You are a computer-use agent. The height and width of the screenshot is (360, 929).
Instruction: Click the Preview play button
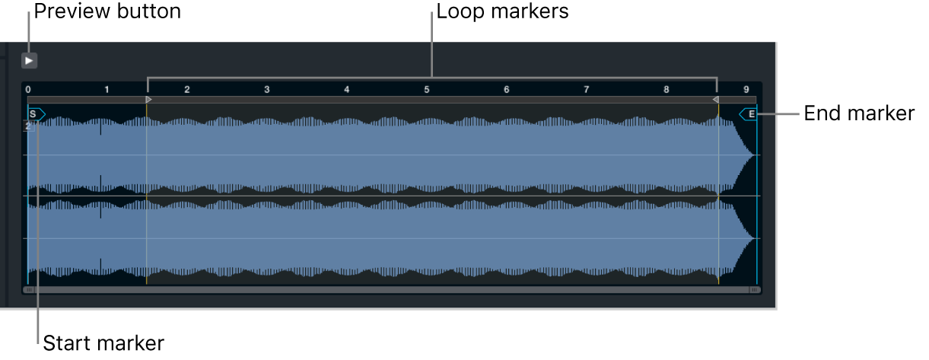coord(29,61)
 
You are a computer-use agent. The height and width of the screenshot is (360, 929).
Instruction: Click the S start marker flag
coord(37,114)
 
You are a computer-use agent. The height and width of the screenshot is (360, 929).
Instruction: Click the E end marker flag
coord(748,114)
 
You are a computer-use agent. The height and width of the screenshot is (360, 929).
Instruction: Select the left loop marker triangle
coord(149,100)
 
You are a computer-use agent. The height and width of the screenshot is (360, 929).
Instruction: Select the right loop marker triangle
coord(715,100)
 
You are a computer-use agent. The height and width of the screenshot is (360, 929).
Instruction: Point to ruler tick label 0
coord(28,89)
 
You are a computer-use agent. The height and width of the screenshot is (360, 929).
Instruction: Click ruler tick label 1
coord(107,89)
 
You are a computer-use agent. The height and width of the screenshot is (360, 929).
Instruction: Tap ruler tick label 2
coord(187,89)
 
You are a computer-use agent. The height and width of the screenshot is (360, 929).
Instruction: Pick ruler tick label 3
coord(266,89)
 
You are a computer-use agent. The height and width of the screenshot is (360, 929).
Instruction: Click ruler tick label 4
coord(347,89)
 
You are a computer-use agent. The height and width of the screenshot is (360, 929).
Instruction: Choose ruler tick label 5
coord(427,89)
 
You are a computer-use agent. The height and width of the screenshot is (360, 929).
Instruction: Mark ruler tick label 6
coord(507,89)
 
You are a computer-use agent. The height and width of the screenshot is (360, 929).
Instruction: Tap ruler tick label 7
coord(587,89)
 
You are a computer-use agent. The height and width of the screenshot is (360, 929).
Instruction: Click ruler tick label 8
coord(666,89)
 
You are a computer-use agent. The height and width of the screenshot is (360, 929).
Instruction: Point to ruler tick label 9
coord(746,89)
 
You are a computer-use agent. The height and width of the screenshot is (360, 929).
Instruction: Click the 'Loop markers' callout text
coord(502,11)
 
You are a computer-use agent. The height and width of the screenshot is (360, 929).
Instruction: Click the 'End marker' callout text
coord(859,113)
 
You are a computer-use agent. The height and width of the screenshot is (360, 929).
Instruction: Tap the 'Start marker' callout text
coord(103,343)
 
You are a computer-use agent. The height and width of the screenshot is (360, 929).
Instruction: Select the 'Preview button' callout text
coord(107,11)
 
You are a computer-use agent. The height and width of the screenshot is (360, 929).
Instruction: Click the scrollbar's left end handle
coord(29,290)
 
